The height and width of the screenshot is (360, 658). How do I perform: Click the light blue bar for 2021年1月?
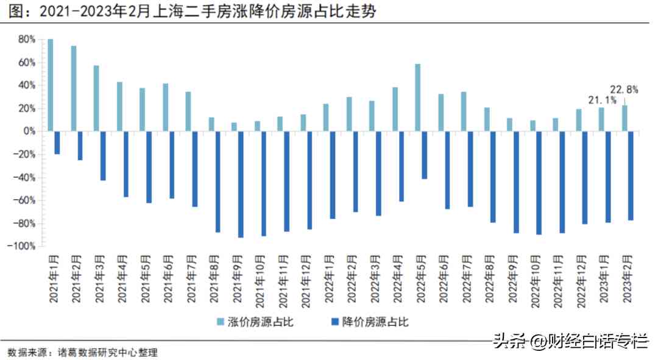pos(51,85)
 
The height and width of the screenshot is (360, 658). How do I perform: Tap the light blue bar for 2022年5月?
pos(418,97)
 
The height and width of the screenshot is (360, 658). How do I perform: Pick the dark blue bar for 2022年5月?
pos(425,155)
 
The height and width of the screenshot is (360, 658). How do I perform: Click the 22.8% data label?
pos(624,89)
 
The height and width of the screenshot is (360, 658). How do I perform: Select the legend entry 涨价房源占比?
pos(256,322)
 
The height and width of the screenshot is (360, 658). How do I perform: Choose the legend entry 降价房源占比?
pos(370,322)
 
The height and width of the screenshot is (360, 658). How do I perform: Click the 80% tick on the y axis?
pos(27,40)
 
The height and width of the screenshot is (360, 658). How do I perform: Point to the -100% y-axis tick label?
pos(23,246)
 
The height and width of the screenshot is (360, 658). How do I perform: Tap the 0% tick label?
pos(30,131)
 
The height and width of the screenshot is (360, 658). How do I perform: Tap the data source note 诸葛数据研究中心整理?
pos(107,352)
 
